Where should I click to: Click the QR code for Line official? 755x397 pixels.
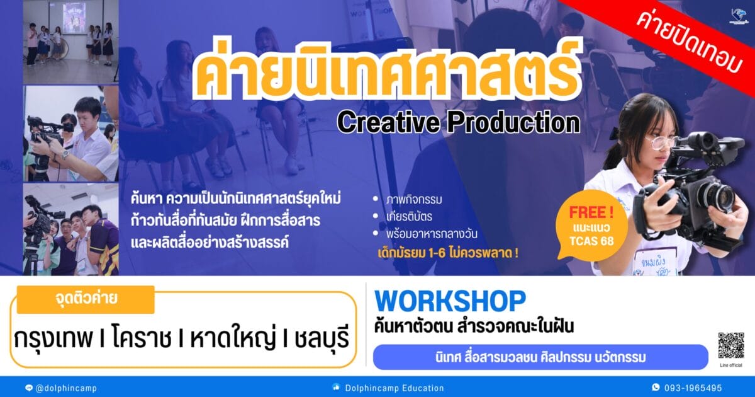click(x=730, y=345)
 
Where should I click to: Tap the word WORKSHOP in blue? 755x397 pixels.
click(x=450, y=301)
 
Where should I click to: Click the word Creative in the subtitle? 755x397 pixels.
click(x=388, y=123)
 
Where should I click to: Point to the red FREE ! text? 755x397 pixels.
click(x=591, y=213)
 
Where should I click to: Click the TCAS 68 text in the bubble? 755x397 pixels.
click(x=591, y=241)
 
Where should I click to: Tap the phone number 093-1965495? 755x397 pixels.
click(x=693, y=388)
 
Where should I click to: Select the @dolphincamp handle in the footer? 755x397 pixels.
click(x=66, y=388)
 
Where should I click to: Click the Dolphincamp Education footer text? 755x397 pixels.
click(x=394, y=388)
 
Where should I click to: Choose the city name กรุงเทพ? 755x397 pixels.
click(x=53, y=338)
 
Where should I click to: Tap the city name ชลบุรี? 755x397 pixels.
click(x=322, y=338)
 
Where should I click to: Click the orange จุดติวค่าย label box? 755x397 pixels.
click(x=86, y=299)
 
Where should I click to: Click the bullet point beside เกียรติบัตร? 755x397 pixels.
click(x=376, y=216)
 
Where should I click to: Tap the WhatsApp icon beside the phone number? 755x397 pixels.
click(x=656, y=388)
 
